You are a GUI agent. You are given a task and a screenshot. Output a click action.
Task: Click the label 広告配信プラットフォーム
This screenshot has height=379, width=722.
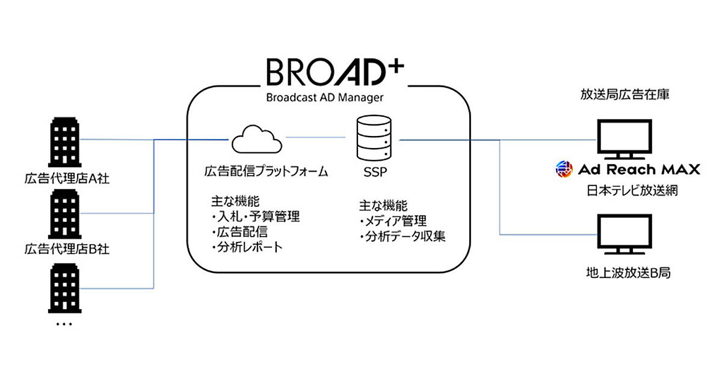[x=266, y=172]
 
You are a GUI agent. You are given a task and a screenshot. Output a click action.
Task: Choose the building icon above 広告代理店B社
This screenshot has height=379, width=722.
[x=64, y=214]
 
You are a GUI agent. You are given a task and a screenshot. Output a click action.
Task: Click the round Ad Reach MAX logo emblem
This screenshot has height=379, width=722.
[x=564, y=170]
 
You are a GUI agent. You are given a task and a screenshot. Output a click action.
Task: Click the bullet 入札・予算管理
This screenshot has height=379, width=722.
[x=255, y=217]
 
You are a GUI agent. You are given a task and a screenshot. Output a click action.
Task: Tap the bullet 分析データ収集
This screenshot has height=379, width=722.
[x=402, y=236]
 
